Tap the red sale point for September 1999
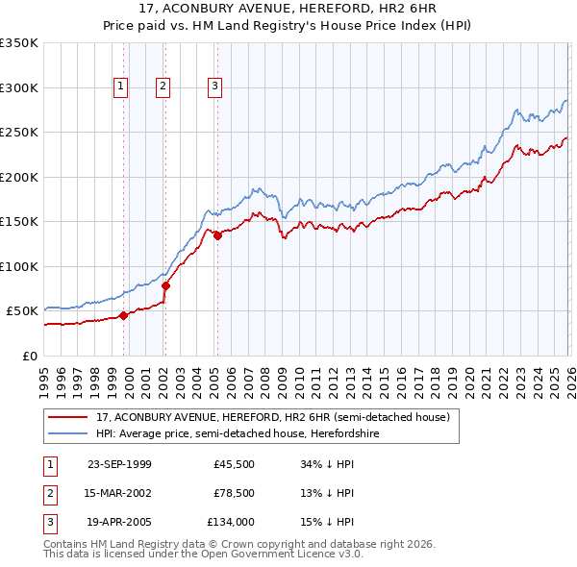(x=123, y=315)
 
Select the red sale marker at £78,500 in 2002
(x=165, y=285)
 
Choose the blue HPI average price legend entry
(x=251, y=434)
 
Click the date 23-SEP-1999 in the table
(x=119, y=464)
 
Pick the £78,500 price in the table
(x=234, y=494)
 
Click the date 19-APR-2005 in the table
(x=119, y=524)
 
